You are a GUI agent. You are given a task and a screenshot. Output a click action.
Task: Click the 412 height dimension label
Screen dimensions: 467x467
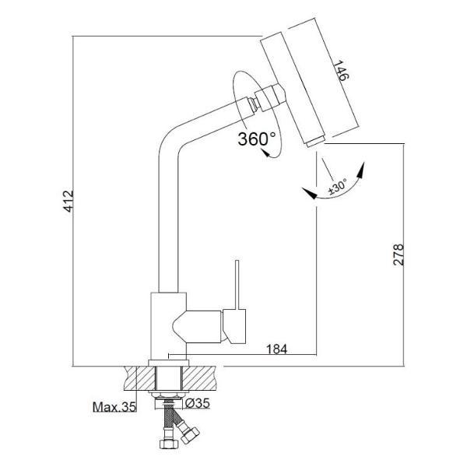tap(68, 202)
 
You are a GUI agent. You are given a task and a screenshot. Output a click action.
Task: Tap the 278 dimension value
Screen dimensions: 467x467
tap(399, 255)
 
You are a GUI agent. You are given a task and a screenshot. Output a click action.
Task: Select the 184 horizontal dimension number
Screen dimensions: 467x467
tap(276, 349)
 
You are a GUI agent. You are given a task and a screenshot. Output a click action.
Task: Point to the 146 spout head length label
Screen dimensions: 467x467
tap(340, 71)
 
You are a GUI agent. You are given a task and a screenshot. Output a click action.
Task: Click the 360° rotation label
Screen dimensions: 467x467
tap(257, 139)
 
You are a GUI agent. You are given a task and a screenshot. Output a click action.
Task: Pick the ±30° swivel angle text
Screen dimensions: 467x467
tap(338, 187)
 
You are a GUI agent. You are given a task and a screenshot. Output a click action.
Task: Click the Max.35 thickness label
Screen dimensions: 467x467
tap(114, 407)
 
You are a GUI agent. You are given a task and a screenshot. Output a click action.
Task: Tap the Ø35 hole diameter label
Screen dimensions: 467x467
tap(198, 403)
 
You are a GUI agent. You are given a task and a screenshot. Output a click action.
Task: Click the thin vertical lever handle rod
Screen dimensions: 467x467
tap(237, 285)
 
